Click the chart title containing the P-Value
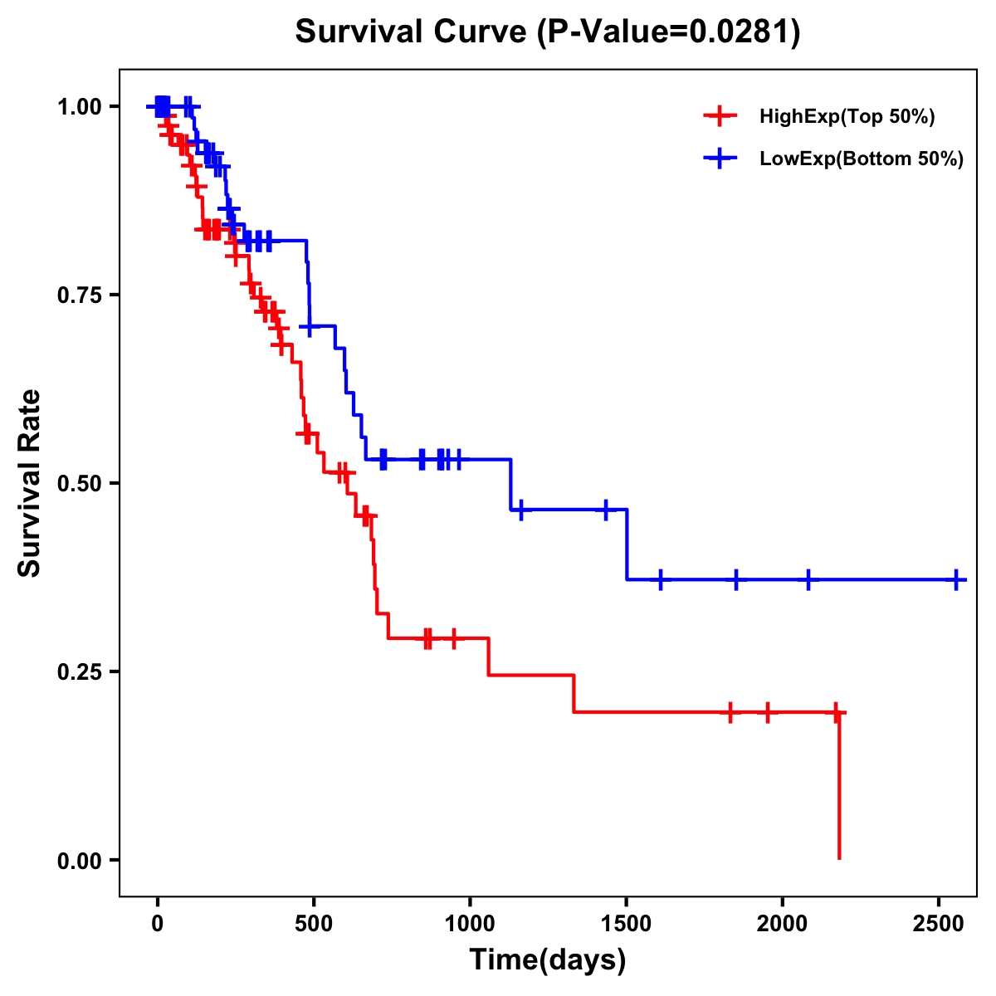pyautogui.click(x=548, y=32)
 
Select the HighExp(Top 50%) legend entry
pyautogui.click(x=847, y=117)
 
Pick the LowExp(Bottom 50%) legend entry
pyautogui.click(x=861, y=159)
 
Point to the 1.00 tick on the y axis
pyautogui.click(x=80, y=107)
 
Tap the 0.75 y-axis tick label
pyautogui.click(x=80, y=295)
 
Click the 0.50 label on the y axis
pyautogui.click(x=80, y=484)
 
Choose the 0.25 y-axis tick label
pyautogui.click(x=80, y=672)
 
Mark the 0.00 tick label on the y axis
pyautogui.click(x=80, y=861)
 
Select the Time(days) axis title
pyautogui.click(x=548, y=960)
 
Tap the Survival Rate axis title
pyautogui.click(x=30, y=483)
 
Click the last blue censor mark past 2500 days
pyautogui.click(x=956, y=579)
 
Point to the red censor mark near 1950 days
pyautogui.click(x=768, y=712)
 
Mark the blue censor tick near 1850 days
pyautogui.click(x=735, y=579)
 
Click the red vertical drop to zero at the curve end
pyautogui.click(x=839, y=788)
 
